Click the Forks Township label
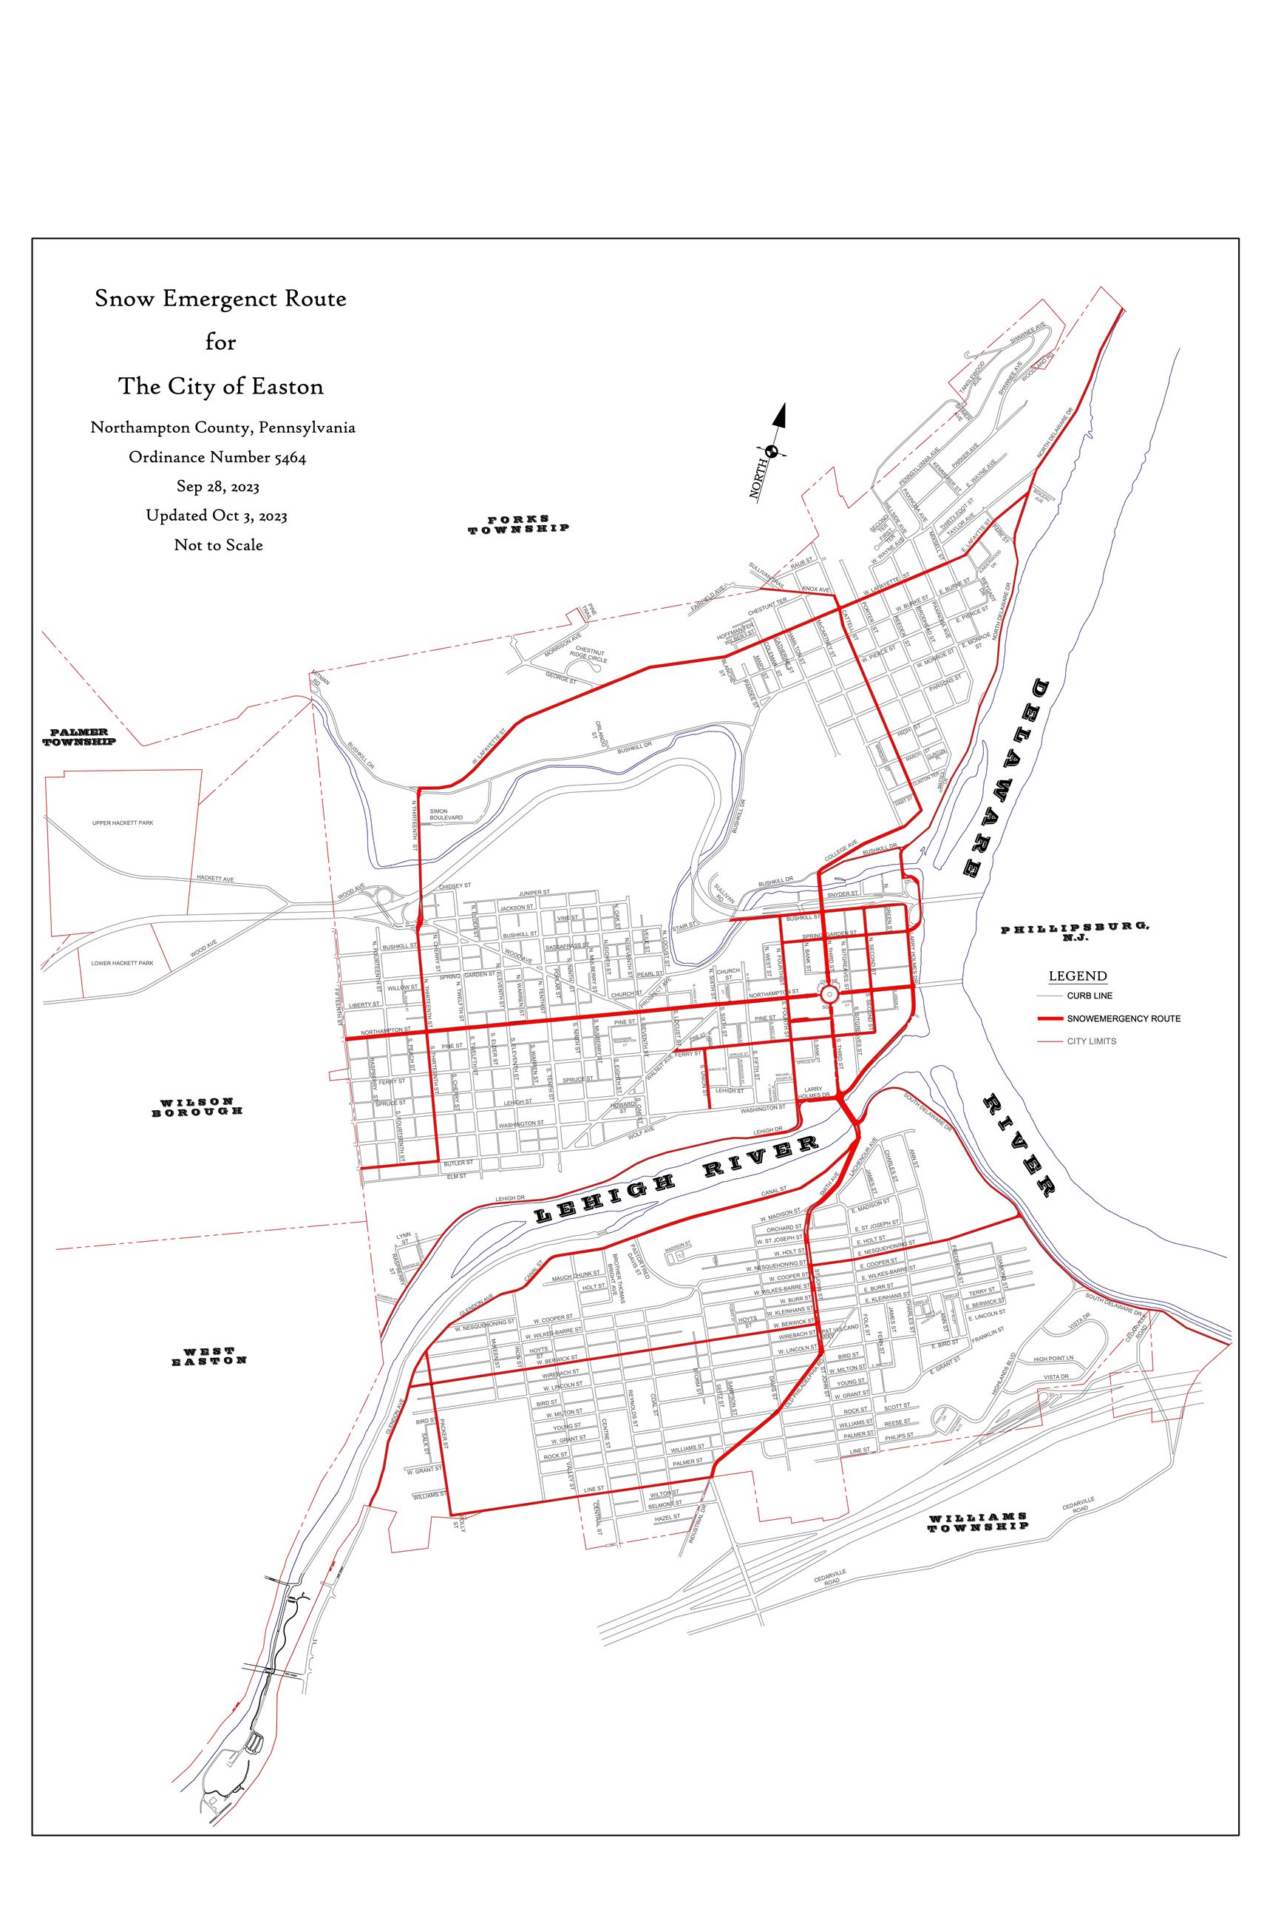click(x=518, y=524)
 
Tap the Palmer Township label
click(x=79, y=737)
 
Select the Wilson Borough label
click(x=197, y=1106)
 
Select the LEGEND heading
click(x=1078, y=976)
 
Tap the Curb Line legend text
click(x=1089, y=996)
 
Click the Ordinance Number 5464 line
click(x=217, y=458)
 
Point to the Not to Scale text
click(x=218, y=545)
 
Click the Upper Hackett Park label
click(x=123, y=823)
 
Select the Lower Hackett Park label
click(x=122, y=963)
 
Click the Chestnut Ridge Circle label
click(x=589, y=655)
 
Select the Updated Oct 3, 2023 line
click(x=217, y=516)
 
